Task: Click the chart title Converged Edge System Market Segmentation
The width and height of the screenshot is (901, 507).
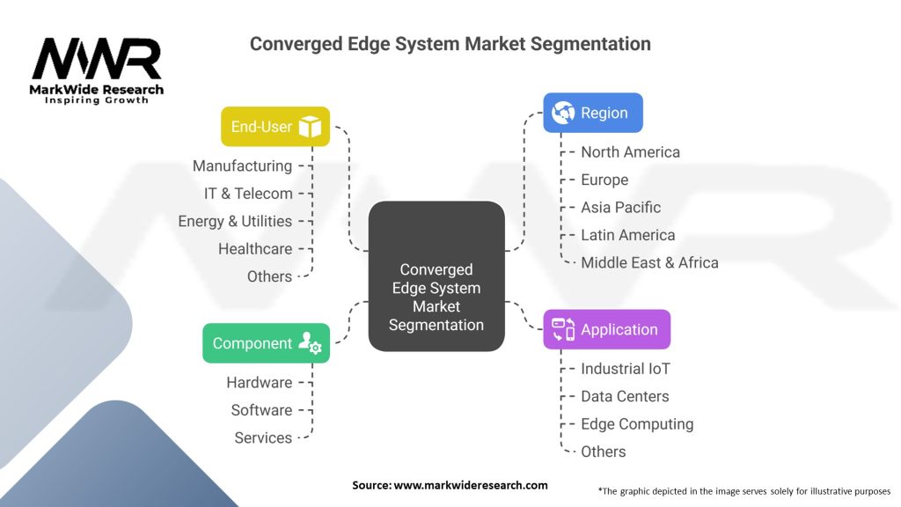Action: (450, 43)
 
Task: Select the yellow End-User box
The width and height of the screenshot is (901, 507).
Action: (275, 127)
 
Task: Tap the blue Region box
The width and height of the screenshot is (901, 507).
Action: (592, 113)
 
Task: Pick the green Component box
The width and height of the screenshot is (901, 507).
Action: (266, 343)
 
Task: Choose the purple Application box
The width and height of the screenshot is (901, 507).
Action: (606, 329)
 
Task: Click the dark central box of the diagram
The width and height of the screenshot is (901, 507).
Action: (436, 276)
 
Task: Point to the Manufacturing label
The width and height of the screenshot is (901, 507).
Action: (242, 165)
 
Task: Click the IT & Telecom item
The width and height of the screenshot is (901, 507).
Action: (248, 194)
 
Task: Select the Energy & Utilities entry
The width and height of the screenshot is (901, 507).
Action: (235, 221)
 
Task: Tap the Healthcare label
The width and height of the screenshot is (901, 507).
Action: (255, 249)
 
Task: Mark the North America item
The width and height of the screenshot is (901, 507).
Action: (630, 151)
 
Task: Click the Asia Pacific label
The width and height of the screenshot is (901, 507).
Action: (620, 207)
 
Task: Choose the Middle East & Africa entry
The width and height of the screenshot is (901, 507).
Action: (649, 262)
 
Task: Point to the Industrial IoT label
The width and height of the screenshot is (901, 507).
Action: (625, 369)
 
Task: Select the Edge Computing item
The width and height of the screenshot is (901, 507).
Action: (637, 424)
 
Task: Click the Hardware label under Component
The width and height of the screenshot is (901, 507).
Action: (259, 382)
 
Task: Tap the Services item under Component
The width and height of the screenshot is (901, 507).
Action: (263, 437)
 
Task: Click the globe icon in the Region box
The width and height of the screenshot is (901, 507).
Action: (563, 113)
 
